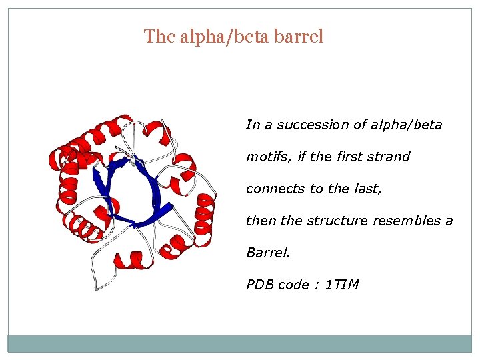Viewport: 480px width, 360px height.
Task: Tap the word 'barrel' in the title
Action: [299, 36]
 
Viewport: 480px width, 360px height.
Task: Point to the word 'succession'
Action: [311, 125]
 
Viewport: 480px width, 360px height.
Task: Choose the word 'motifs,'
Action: [268, 157]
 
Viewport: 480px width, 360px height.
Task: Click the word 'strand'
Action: [389, 157]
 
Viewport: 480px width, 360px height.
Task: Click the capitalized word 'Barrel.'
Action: [265, 253]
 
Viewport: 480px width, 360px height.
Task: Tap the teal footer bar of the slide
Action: [240, 343]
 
